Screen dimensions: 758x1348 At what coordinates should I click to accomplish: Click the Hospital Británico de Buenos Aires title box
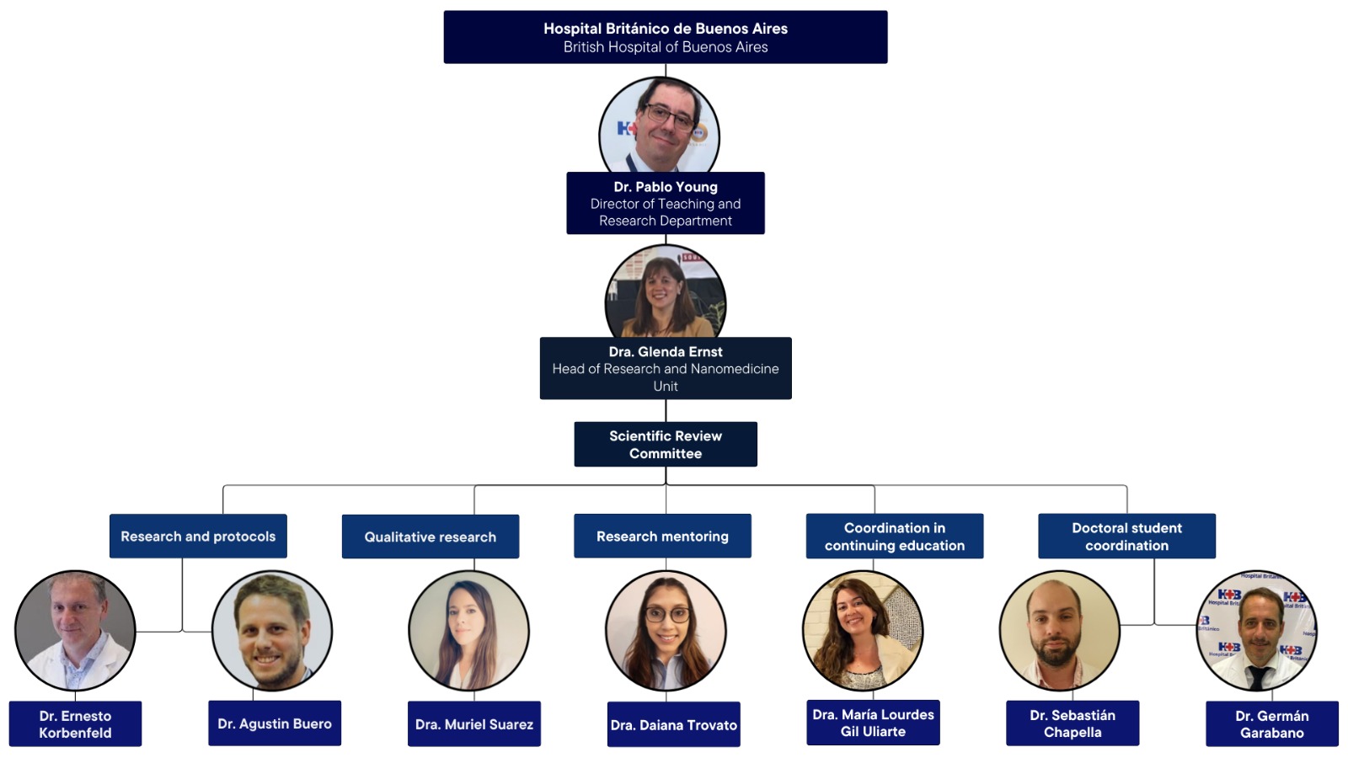665,37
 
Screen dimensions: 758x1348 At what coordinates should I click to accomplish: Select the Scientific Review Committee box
665,444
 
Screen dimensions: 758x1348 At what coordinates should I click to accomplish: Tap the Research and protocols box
198,536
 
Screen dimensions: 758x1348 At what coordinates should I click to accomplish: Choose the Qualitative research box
430,536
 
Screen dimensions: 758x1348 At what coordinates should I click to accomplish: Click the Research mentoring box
662,536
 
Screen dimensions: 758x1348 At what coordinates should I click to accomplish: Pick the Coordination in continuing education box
894,536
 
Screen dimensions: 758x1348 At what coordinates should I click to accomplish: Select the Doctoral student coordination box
1126,536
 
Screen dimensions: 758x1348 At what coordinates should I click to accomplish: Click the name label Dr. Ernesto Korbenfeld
75,723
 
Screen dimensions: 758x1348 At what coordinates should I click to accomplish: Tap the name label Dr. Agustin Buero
275,723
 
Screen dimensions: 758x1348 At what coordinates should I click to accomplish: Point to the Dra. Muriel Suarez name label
473,724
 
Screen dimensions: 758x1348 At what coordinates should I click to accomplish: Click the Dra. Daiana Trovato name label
673,724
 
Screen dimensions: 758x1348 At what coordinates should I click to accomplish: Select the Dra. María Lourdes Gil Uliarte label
873,723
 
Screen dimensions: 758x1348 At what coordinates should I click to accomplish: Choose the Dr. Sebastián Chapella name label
1072,723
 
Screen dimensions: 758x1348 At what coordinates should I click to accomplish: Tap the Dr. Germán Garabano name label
1271,723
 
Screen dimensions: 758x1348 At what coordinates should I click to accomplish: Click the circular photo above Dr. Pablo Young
660,126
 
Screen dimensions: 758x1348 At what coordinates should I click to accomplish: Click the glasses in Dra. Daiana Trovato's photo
667,615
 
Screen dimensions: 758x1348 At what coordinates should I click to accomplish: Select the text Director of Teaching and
665,204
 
